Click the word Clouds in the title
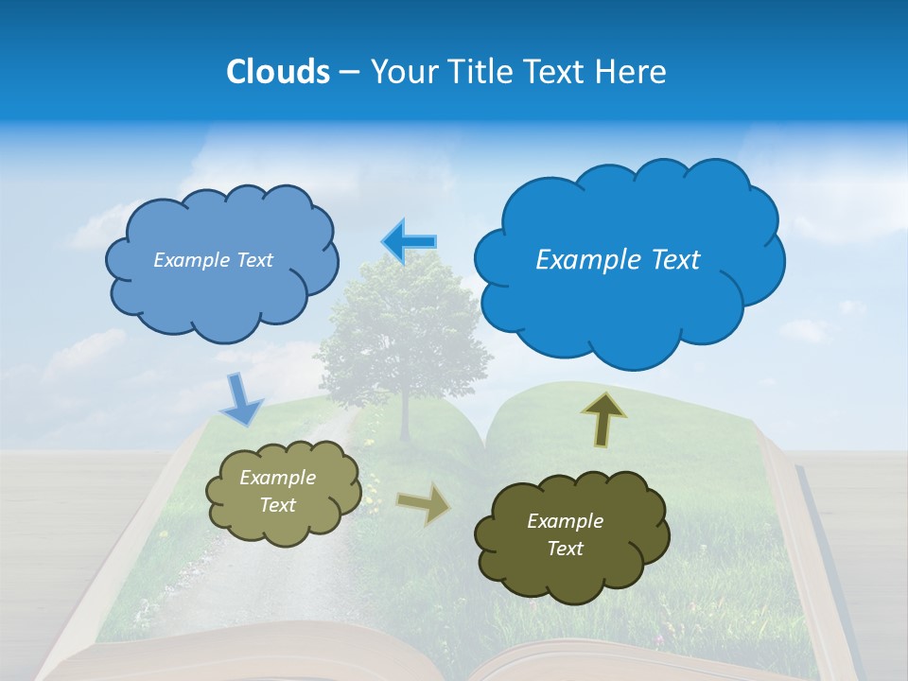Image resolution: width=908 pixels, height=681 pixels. [x=278, y=72]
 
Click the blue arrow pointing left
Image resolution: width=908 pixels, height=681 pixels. [x=409, y=242]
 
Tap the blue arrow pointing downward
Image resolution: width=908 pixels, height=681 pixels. [x=242, y=399]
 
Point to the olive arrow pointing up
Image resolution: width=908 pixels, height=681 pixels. [x=602, y=419]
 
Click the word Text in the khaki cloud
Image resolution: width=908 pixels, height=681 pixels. [x=277, y=505]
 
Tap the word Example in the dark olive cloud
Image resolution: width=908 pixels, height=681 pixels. [x=565, y=521]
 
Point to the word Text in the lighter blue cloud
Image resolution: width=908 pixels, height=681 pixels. [x=253, y=260]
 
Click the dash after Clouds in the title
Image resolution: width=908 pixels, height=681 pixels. [x=349, y=73]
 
